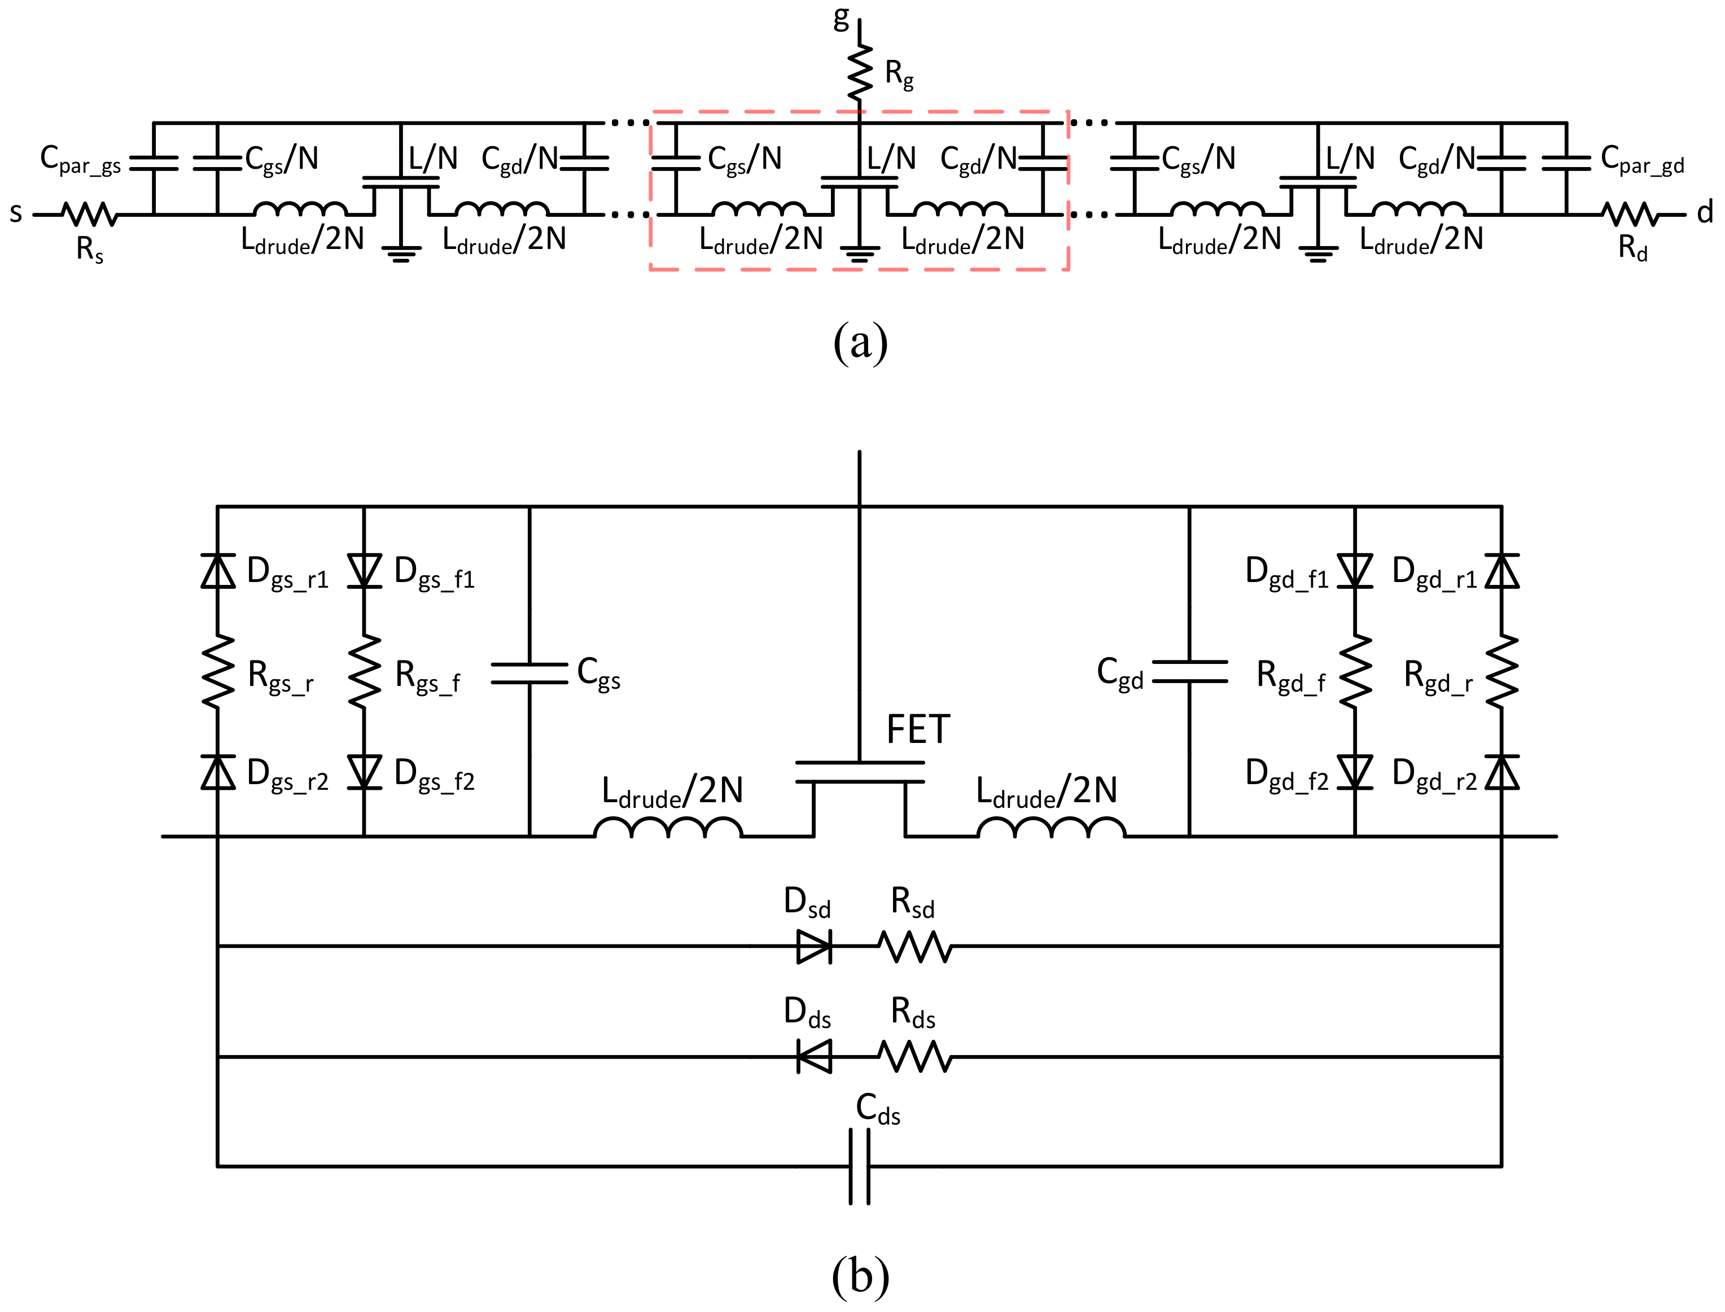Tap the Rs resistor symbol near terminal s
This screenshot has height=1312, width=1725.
click(89, 214)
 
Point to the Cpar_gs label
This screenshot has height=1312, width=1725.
click(80, 160)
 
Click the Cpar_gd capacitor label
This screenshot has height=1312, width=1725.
click(1642, 160)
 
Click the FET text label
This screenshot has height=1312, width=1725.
click(918, 730)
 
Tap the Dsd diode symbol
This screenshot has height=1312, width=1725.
click(814, 947)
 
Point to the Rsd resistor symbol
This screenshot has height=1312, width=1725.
click(915, 947)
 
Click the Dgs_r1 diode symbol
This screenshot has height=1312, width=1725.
click(218, 571)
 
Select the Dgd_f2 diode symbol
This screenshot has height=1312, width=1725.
click(1355, 772)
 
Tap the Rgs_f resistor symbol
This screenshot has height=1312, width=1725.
click(364, 672)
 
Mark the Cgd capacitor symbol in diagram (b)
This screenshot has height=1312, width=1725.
click(1189, 672)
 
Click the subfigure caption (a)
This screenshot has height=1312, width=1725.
click(860, 342)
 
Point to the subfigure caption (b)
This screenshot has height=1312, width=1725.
click(860, 1275)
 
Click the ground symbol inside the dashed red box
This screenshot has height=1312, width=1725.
click(860, 252)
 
